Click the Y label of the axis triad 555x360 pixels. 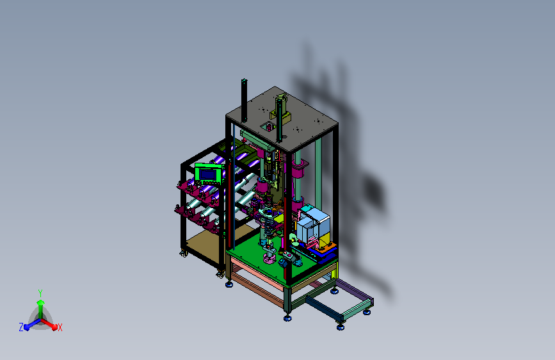40,293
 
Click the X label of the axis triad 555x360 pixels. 60,328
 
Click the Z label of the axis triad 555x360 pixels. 21,327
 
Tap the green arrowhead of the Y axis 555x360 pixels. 40,303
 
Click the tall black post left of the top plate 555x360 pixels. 244,101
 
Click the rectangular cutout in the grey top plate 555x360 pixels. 268,126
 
